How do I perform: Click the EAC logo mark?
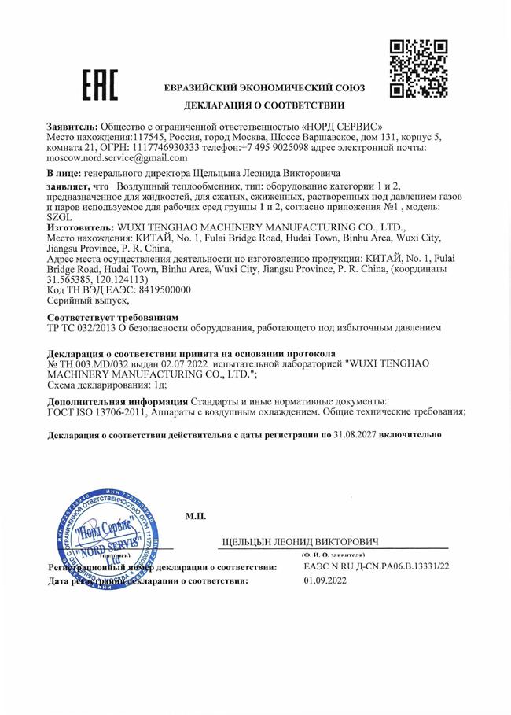pyautogui.click(x=100, y=85)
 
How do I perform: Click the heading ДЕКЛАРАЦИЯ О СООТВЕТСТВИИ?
pyautogui.click(x=264, y=105)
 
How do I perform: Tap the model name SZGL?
pyautogui.click(x=61, y=215)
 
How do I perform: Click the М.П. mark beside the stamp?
pyautogui.click(x=196, y=516)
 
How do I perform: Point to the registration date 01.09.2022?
pyautogui.click(x=325, y=580)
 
